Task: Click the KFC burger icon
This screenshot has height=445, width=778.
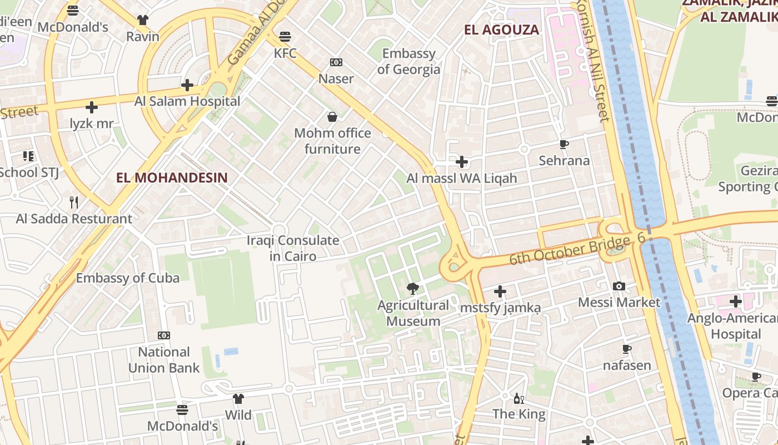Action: point(285,37)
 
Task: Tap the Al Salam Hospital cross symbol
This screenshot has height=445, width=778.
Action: point(187,85)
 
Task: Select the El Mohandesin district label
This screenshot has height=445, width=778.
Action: point(172,177)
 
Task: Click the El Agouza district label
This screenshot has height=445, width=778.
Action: point(501,30)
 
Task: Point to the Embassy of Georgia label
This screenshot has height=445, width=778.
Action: point(408,62)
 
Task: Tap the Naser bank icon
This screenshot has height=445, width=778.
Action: point(336,62)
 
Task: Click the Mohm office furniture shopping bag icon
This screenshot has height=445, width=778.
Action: point(332,117)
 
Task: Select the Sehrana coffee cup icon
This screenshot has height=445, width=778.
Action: point(564,145)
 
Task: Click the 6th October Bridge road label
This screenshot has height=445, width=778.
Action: point(571,250)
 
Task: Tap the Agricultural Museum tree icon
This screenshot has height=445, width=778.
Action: point(413,288)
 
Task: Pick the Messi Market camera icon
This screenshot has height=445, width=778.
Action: point(619,286)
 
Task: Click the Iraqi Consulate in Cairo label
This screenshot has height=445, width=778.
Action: point(293,249)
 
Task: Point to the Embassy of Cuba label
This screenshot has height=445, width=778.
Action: point(128,278)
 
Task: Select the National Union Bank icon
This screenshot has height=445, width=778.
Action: point(164,335)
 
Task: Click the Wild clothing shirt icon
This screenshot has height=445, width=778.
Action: point(238,398)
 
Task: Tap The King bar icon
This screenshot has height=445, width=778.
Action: point(519,398)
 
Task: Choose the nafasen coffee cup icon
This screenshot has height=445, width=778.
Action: point(627,349)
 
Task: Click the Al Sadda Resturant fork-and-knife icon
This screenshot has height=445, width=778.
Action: point(74,202)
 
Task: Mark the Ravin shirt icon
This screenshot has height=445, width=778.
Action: point(143,20)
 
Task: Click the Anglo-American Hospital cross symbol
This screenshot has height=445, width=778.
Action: point(736,302)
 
